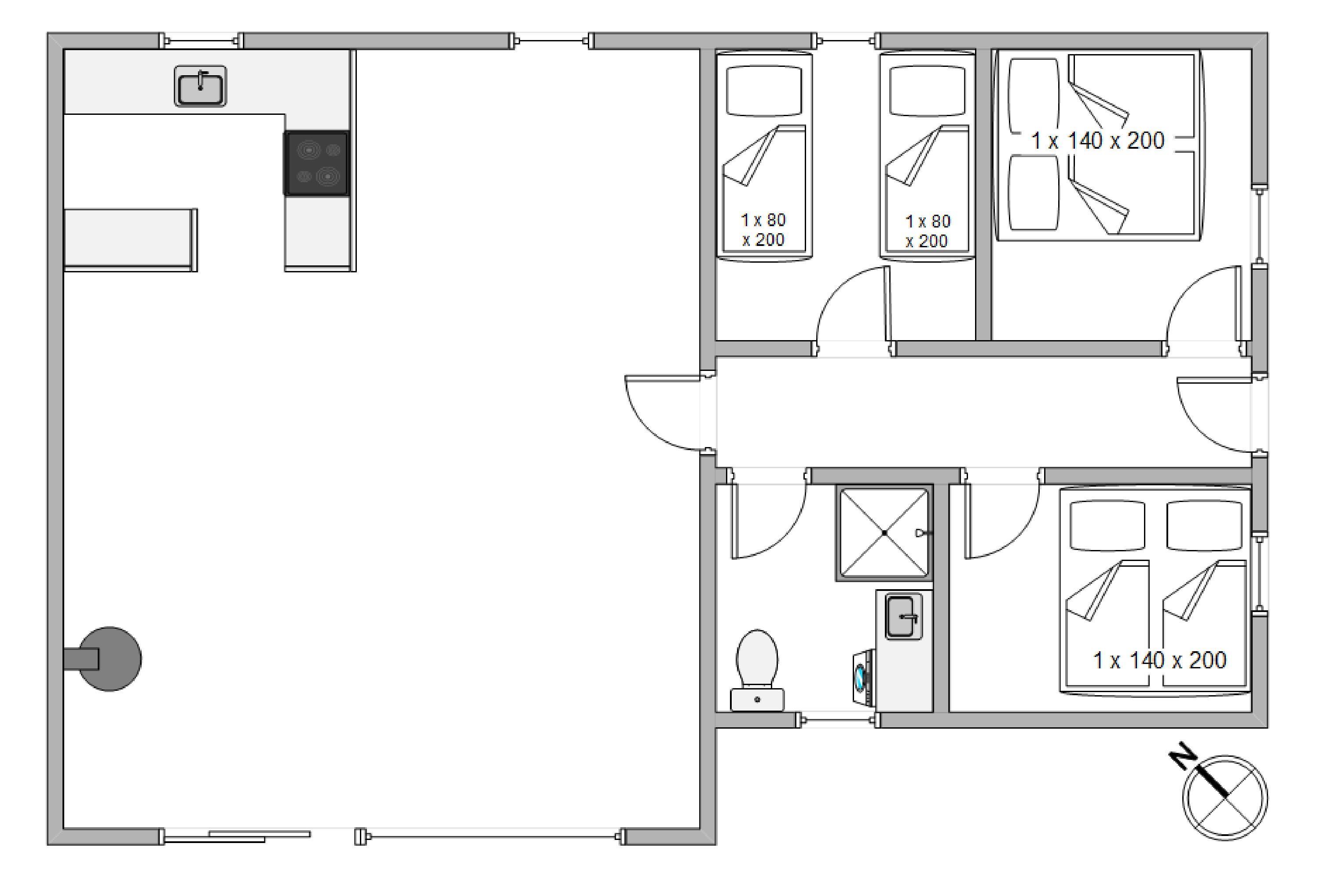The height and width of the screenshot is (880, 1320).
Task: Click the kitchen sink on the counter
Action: [x=200, y=86]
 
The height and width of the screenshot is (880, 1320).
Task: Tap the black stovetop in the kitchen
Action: [x=316, y=163]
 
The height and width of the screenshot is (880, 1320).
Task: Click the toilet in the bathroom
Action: [x=757, y=670]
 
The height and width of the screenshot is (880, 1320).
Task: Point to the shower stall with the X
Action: [x=884, y=532]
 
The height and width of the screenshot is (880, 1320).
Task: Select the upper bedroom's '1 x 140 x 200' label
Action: [x=1098, y=140]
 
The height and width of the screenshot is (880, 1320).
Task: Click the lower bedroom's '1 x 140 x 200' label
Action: [x=1159, y=660]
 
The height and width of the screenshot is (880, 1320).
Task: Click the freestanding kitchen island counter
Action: [x=131, y=240]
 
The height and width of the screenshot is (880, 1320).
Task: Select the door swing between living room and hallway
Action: [x=662, y=414]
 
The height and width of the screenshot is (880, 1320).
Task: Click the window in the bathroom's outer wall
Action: [x=839, y=719]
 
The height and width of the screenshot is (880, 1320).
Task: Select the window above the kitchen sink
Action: [x=202, y=41]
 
